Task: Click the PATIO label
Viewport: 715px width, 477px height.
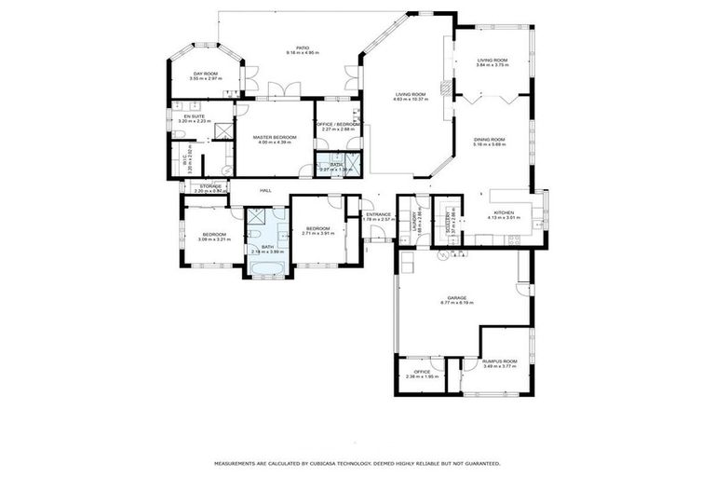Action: coord(303,48)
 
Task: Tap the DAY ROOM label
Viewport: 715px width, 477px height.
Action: coord(205,74)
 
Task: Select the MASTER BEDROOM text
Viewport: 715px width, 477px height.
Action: coord(275,138)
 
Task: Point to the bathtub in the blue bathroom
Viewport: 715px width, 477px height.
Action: coord(267,271)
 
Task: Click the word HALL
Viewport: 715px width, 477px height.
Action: coord(265,190)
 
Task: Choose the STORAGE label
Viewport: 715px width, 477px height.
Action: coord(209,185)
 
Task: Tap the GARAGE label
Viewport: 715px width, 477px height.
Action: coord(456,298)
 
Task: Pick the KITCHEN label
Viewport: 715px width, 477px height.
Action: coord(504,212)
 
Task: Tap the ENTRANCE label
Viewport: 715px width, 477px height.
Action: coord(378,214)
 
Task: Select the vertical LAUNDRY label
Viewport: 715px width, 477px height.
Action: coord(413,222)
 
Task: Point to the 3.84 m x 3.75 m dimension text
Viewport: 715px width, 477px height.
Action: coord(492,65)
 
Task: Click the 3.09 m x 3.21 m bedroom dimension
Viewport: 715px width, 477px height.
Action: coord(213,238)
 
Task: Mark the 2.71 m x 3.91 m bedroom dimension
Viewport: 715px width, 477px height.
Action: coord(317,233)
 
